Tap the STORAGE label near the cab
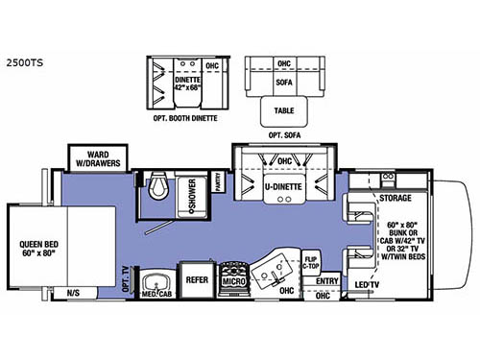pos(396,198)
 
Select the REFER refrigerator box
pos(197,280)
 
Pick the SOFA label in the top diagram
pos(283,83)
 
